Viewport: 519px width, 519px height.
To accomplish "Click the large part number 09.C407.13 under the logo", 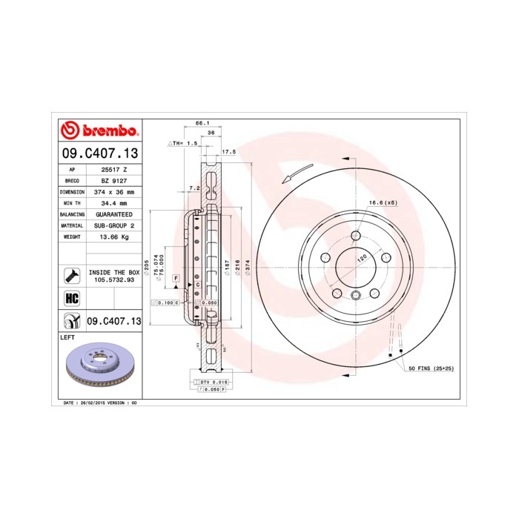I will point(99,153).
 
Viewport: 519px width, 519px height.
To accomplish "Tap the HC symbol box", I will point(72,299).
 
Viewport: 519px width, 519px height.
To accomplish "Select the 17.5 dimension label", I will point(228,151).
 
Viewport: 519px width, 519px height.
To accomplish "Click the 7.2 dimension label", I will point(194,188).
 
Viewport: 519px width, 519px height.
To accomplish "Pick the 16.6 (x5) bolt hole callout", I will point(383,202).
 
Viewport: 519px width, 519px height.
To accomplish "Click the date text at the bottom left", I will point(101,403).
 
